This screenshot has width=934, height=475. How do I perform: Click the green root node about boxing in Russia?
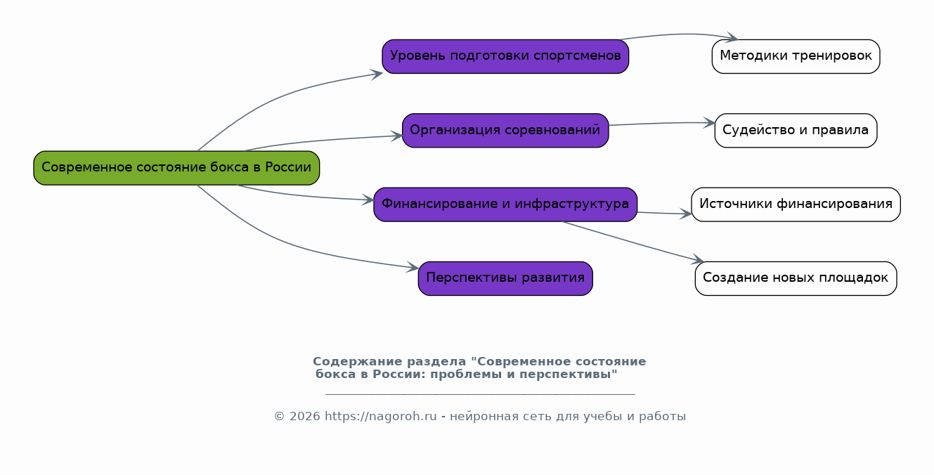[x=176, y=168]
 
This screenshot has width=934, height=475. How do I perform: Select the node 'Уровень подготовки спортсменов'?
[x=505, y=56]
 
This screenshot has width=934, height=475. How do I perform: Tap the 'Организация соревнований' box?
[x=505, y=131]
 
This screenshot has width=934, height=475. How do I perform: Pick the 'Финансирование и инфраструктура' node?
[x=505, y=204]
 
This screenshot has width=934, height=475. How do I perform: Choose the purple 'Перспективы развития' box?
[x=505, y=278]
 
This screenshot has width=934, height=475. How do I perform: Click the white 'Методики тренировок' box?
[x=796, y=56]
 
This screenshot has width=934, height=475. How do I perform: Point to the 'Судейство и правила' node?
[x=796, y=131]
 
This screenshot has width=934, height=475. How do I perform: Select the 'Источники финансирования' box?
[x=796, y=204]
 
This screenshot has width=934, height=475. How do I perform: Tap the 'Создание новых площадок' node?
[x=796, y=278]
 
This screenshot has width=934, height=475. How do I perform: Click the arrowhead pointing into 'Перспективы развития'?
[x=414, y=268]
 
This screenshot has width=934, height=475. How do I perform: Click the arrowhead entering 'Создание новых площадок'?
[x=698, y=261]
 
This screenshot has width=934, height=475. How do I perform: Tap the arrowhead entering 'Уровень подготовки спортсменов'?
[x=377, y=73]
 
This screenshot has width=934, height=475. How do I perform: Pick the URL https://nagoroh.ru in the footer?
[x=380, y=417]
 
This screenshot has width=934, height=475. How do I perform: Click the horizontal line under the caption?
[x=480, y=394]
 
